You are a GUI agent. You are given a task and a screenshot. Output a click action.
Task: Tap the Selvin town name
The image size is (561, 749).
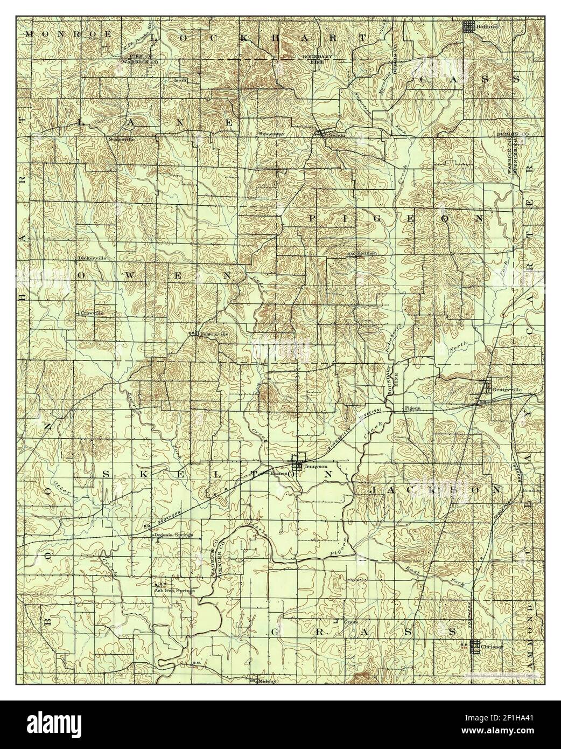pyautogui.click(x=336, y=136)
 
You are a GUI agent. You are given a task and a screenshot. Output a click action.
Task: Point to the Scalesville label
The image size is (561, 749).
pyautogui.click(x=121, y=138)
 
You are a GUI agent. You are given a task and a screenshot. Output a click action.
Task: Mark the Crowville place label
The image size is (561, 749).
pyautogui.click(x=90, y=313)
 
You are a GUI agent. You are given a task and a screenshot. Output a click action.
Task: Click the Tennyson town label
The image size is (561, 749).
pyautogui.click(x=316, y=467)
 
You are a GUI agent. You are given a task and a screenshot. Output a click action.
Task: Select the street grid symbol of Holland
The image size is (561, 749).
pyautogui.click(x=469, y=25)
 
